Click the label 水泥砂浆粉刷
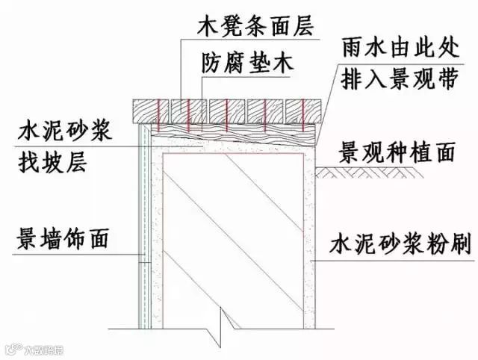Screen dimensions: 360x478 [401, 246]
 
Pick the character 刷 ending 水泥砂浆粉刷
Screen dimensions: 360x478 [460, 246]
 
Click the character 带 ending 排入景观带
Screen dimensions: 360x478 [450, 81]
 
